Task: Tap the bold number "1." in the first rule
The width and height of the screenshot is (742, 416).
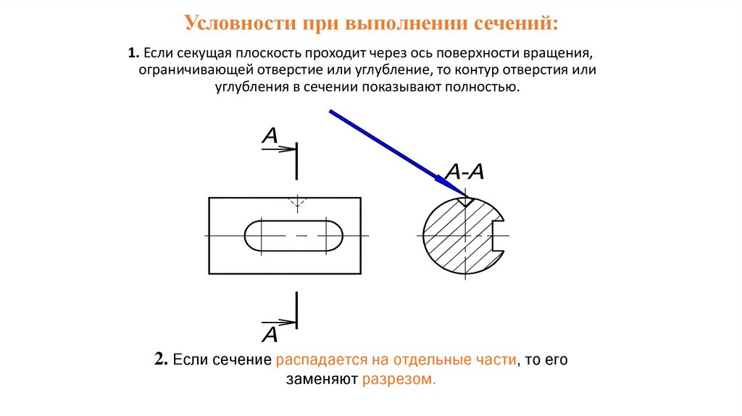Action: pos(133,54)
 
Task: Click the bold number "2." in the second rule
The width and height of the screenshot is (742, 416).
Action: pos(162,360)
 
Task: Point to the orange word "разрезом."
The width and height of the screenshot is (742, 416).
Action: pos(399,380)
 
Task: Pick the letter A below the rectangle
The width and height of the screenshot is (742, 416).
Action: pos(270,334)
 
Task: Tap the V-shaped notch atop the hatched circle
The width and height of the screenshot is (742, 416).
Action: pos(464,201)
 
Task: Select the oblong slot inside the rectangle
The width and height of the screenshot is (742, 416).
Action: pos(294,236)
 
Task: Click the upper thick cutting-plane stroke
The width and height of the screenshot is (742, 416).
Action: pos(296,161)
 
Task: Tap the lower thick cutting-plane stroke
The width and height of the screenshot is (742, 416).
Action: pos(296,309)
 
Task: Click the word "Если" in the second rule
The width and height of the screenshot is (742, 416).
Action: pos(188,360)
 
